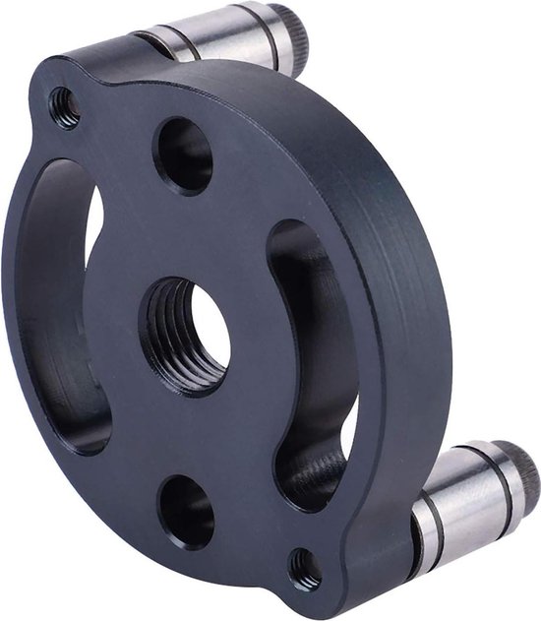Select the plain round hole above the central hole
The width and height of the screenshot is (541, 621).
tap(183, 155)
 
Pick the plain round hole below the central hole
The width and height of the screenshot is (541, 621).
tap(186, 511)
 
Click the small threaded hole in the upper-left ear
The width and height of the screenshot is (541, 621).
tap(65, 105)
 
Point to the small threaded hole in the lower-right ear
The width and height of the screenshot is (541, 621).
tap(304, 569)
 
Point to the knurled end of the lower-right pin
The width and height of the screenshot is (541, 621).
tap(521, 477)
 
